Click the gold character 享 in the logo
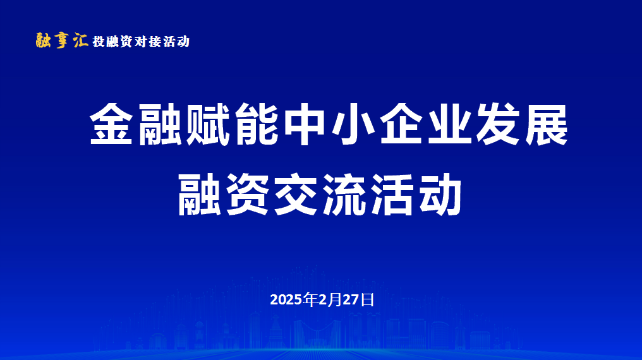click(x=62, y=40)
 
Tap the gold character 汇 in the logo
click(x=81, y=40)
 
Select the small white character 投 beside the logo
click(x=99, y=42)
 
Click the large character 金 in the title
click(x=111, y=124)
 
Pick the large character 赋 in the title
click(x=208, y=124)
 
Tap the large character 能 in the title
click(x=257, y=124)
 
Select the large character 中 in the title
click(x=305, y=124)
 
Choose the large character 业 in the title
click(x=449, y=124)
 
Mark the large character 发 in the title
click(x=498, y=124)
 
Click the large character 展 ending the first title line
click(x=546, y=124)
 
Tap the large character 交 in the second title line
click(x=296, y=195)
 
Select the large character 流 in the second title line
click(x=344, y=195)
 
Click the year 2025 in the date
click(x=286, y=300)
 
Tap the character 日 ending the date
click(x=368, y=300)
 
